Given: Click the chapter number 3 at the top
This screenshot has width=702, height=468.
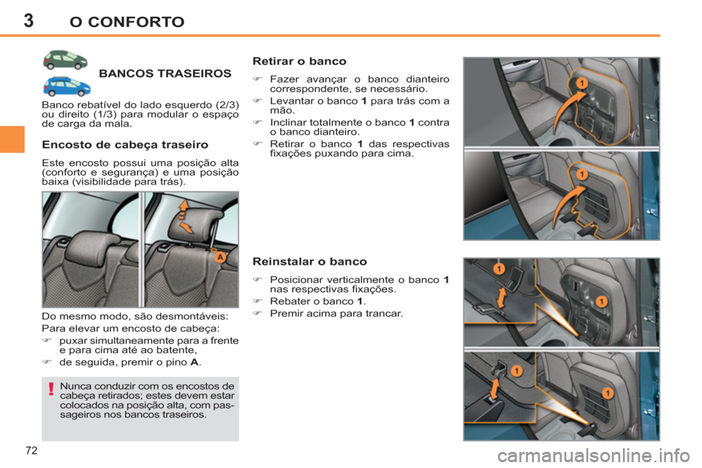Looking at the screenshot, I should (x=28, y=20).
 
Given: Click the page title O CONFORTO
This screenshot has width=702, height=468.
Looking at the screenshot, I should (x=126, y=21).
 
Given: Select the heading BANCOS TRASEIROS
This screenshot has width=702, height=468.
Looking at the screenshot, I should (x=165, y=74).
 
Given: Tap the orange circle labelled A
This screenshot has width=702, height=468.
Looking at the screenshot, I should (x=216, y=257).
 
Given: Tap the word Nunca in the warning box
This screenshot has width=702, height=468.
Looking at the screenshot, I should (x=75, y=385).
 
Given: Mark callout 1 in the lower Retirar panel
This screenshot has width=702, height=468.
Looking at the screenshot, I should (x=580, y=175).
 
